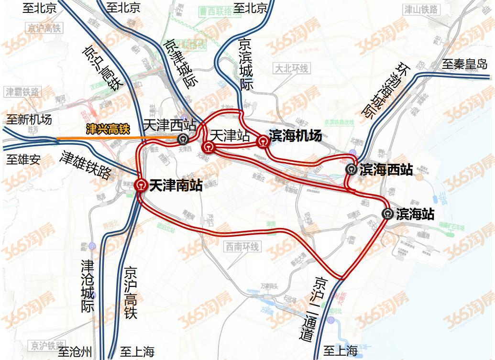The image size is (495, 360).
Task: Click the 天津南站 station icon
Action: [x=141, y=185]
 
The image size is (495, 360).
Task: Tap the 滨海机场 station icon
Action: [x=263, y=141]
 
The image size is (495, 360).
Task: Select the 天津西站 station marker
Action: [x=183, y=139]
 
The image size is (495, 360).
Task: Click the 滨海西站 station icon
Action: [x=352, y=169]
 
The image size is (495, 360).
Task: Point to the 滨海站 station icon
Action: [x=388, y=214]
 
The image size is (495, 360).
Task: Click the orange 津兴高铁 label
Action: [x=108, y=129]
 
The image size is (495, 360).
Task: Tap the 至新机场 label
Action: [x=29, y=120]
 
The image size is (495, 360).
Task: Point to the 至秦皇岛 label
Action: [x=464, y=64]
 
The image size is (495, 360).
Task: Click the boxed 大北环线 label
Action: [x=291, y=69]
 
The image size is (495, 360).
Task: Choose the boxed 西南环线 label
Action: [x=241, y=247]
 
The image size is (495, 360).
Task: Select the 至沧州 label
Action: [x=75, y=352]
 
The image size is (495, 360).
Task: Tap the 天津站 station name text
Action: [x=230, y=135]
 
